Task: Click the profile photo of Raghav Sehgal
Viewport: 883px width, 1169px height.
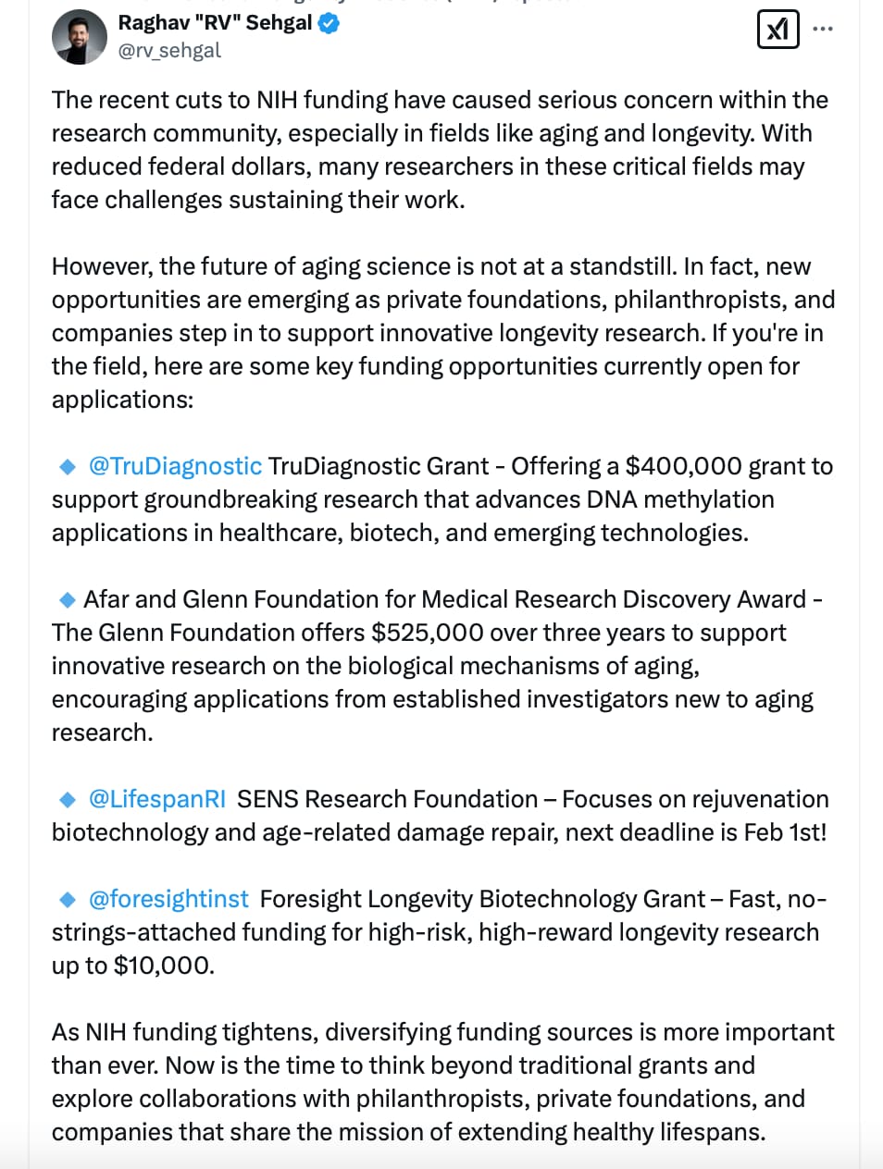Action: [80, 37]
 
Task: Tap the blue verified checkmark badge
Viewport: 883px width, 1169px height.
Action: [330, 24]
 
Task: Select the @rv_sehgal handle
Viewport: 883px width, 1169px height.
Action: [169, 51]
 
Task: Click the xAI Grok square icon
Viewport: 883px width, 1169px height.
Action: [777, 30]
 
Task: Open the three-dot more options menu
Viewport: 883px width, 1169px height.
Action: [823, 30]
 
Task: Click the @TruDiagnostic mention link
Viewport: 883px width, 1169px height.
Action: [175, 466]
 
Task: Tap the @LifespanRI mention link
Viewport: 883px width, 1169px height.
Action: [156, 799]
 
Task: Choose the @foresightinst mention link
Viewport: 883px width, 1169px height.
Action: [168, 899]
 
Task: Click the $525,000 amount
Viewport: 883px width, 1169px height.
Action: [427, 633]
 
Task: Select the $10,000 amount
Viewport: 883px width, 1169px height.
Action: [163, 966]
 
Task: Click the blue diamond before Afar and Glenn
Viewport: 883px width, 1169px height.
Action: [68, 600]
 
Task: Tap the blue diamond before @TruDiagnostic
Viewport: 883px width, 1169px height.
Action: [68, 467]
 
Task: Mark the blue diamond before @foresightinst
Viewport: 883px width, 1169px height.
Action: [68, 900]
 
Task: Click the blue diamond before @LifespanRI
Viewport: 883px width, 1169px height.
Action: [68, 800]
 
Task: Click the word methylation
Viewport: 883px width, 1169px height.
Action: [709, 499]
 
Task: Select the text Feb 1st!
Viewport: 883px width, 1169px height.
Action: [785, 832]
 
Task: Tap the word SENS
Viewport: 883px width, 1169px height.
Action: [267, 799]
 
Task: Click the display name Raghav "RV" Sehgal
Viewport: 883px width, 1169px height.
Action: [215, 23]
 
